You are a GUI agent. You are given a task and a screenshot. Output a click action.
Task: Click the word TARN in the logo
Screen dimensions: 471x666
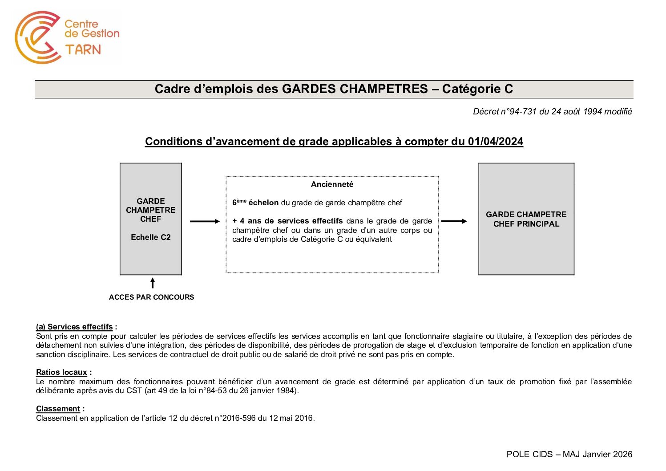coord(83,49)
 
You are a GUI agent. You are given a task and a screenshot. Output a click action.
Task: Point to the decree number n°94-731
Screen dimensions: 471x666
coord(519,112)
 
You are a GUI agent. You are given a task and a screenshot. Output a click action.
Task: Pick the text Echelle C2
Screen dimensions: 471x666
coord(151,237)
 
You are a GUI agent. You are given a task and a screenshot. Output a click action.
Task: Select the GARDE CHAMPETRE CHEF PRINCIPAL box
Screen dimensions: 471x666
coord(526,219)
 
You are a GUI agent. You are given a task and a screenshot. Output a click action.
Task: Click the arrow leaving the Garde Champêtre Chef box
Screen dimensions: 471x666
coord(205,221)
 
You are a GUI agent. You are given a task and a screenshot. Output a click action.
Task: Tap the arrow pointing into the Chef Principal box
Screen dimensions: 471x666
coord(454,221)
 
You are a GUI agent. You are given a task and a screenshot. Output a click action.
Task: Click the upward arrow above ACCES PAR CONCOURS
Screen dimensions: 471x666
coord(153,283)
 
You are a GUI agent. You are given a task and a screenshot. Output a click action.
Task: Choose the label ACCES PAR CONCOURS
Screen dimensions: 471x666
coord(151,297)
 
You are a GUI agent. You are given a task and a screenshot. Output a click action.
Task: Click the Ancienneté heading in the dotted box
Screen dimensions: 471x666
coord(332,184)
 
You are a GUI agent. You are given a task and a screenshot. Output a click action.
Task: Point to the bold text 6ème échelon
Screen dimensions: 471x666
coord(255,203)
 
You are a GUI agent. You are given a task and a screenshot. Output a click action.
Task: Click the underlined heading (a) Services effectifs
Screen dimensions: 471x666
coord(74,327)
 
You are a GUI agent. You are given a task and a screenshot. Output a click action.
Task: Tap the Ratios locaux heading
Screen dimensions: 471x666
coord(61,372)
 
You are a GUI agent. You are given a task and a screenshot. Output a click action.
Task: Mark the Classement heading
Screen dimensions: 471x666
coord(58,409)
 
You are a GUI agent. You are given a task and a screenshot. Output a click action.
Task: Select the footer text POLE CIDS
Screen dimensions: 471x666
coord(529,454)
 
